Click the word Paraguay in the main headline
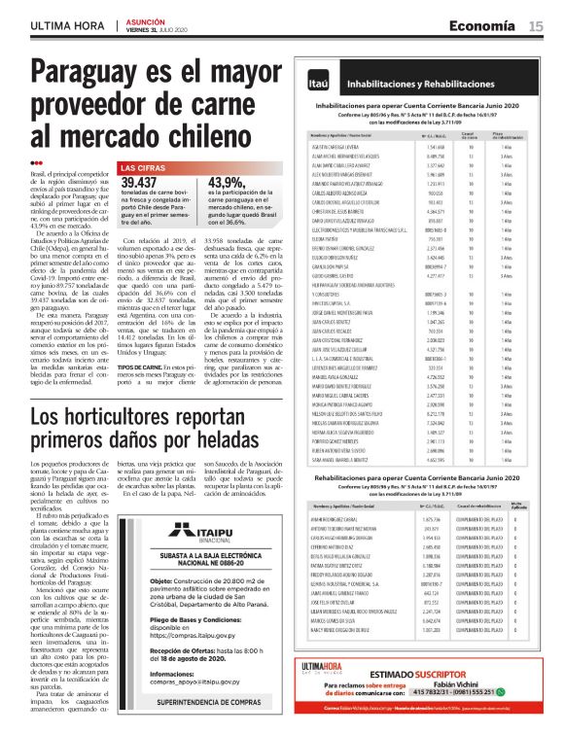[99, 74]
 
